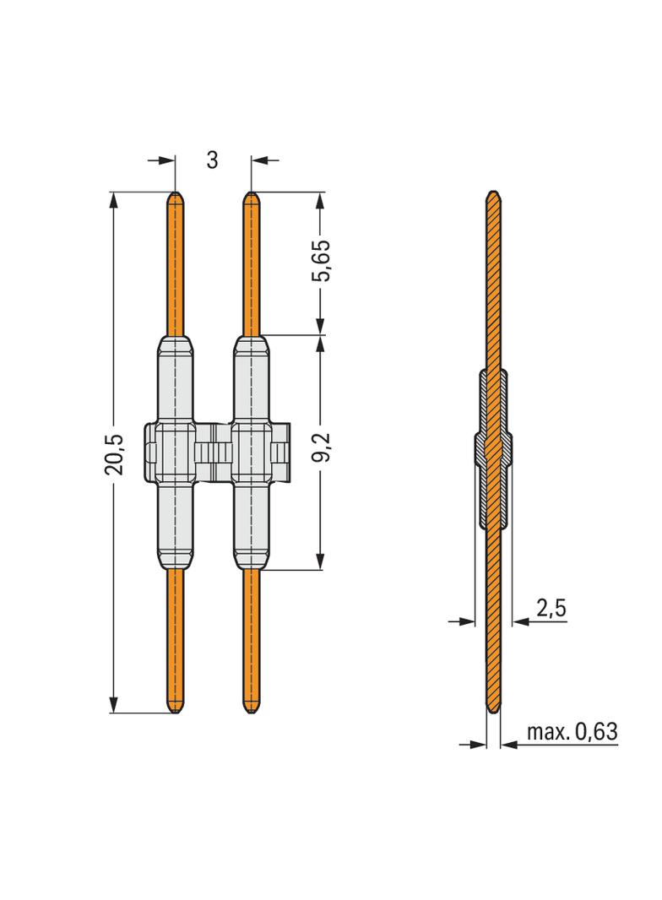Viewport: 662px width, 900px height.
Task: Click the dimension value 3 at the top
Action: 212,160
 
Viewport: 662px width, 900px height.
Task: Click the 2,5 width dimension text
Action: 551,607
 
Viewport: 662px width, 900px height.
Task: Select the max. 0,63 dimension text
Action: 572,732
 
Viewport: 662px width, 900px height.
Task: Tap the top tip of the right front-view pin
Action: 251,196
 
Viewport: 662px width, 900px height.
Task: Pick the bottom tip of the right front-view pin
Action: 251,711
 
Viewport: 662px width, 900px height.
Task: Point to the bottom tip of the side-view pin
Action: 493,711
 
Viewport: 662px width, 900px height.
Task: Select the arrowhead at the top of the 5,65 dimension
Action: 320,199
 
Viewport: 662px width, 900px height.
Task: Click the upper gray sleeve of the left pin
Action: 174,380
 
